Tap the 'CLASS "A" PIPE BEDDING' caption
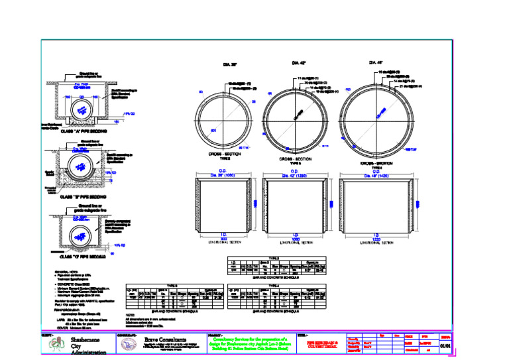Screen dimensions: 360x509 [x=84, y=131]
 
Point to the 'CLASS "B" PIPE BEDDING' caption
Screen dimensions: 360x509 [x=84, y=196]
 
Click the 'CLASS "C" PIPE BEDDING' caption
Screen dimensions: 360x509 [x=84, y=255]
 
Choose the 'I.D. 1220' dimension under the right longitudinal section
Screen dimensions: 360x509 [x=376, y=237]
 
